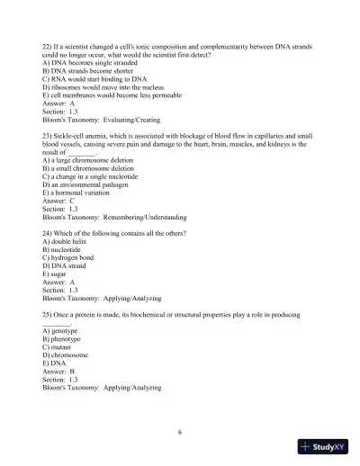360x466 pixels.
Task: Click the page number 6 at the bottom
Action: (x=180, y=432)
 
